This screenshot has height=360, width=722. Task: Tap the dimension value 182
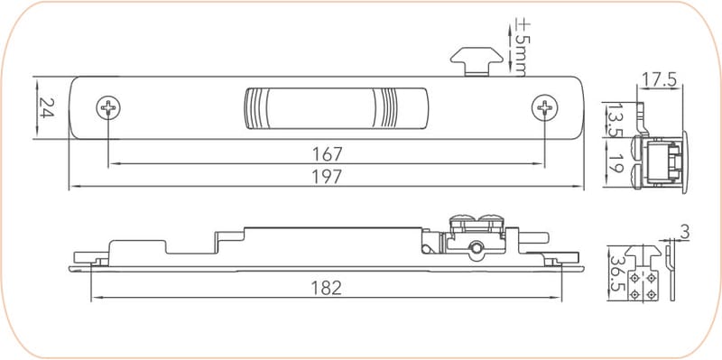[x=326, y=288]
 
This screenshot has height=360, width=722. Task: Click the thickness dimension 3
[x=684, y=233]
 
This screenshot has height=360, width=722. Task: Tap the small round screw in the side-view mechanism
[x=475, y=248]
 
